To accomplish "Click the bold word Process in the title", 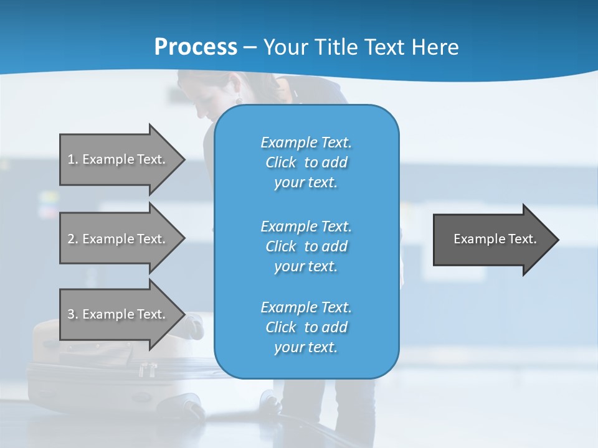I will click(196, 47).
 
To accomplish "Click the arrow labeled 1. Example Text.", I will click(118, 159).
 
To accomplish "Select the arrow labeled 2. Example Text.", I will click(118, 239).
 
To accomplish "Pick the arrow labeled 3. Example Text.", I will click(118, 314).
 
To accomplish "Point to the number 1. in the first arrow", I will click(73, 159).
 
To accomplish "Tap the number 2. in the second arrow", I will click(73, 239).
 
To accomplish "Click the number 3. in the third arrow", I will click(73, 314).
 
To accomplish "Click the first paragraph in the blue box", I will click(306, 162).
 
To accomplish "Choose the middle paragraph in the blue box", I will click(306, 246).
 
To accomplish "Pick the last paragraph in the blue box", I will click(306, 327).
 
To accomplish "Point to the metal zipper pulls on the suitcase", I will click(147, 370).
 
